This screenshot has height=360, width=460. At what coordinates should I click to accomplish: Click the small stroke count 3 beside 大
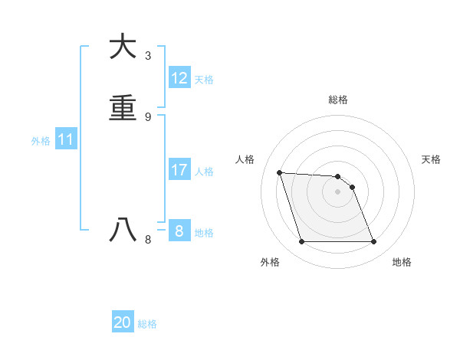pyautogui.click(x=148, y=56)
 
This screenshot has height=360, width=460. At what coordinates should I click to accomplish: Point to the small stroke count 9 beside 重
pyautogui.click(x=148, y=116)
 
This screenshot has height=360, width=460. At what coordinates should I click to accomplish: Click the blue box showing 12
pyautogui.click(x=179, y=78)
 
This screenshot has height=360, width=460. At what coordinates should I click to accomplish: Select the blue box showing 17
pyautogui.click(x=179, y=170)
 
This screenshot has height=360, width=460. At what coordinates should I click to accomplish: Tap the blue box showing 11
pyautogui.click(x=66, y=140)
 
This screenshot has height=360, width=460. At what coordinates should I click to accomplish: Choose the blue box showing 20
pyautogui.click(x=123, y=322)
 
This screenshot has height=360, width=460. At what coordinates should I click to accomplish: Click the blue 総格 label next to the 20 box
pyautogui.click(x=147, y=324)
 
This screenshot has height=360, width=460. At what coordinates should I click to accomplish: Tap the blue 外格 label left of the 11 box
pyautogui.click(x=41, y=141)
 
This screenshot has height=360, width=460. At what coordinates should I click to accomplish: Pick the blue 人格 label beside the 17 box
pyautogui.click(x=205, y=172)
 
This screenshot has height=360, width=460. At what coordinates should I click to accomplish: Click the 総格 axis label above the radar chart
pyautogui.click(x=338, y=100)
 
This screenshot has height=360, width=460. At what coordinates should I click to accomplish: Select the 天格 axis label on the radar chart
pyautogui.click(x=432, y=159)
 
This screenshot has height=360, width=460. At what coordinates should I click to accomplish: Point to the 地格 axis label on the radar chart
pyautogui.click(x=402, y=262)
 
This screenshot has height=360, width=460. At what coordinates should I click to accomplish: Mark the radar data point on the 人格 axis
pyautogui.click(x=280, y=172)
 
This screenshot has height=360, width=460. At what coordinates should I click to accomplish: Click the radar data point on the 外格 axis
pyautogui.click(x=301, y=242)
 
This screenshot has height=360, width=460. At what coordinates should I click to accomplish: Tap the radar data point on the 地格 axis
pyautogui.click(x=374, y=242)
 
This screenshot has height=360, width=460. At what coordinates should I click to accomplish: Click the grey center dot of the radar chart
pyautogui.click(x=338, y=191)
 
